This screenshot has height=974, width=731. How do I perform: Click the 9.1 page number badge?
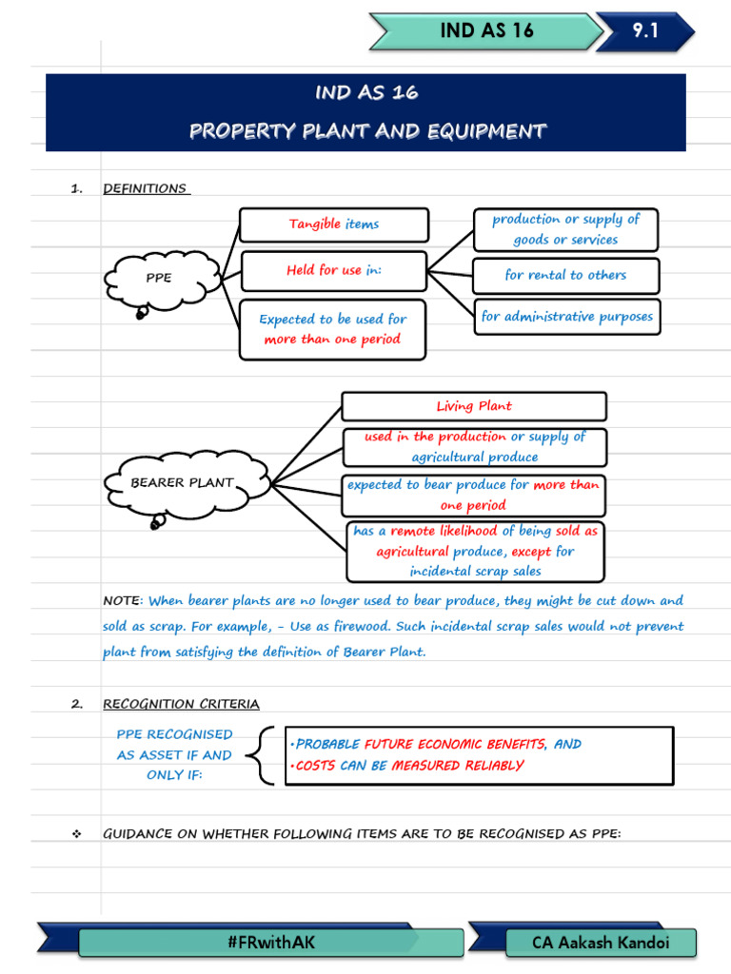click(x=646, y=31)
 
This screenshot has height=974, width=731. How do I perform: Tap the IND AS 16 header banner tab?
click(x=486, y=31)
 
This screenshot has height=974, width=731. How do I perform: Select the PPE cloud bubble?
click(x=158, y=278)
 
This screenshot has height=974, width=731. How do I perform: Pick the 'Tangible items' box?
click(x=333, y=224)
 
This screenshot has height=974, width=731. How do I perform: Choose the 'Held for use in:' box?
click(x=333, y=271)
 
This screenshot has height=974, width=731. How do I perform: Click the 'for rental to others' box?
click(x=565, y=276)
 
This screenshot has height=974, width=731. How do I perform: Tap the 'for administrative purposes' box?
click(x=566, y=317)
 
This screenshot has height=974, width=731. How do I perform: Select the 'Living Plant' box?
click(x=473, y=406)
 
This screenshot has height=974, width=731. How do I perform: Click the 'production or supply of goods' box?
click(x=565, y=229)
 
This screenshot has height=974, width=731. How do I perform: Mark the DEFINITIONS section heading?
click(x=145, y=188)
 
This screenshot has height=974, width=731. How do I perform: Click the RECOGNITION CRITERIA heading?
click(x=181, y=704)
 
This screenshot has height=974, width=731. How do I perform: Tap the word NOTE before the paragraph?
click(x=121, y=601)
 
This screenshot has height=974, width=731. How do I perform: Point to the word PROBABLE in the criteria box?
click(x=327, y=745)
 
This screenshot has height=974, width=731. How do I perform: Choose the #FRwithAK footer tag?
click(x=271, y=942)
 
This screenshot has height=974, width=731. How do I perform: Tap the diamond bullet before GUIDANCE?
click(x=76, y=834)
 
